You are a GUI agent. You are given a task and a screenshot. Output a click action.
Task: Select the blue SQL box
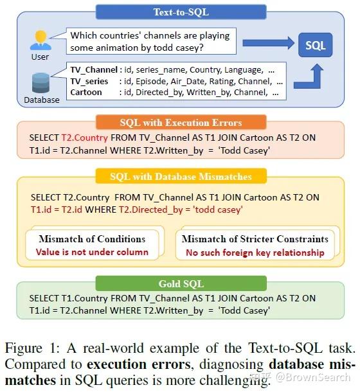[315, 45]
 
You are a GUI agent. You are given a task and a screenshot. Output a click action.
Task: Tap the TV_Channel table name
[93, 69]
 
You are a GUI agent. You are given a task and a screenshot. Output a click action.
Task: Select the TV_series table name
[91, 81]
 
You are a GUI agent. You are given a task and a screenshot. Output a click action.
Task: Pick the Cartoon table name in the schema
[87, 92]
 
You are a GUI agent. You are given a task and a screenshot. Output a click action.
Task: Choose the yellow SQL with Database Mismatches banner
[181, 176]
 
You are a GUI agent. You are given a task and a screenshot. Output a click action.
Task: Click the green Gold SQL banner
[181, 283]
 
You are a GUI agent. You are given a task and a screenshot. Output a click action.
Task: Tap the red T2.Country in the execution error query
[82, 138]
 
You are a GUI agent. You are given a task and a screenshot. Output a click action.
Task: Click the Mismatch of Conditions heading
[92, 239]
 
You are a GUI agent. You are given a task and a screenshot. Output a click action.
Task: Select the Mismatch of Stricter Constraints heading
[255, 239]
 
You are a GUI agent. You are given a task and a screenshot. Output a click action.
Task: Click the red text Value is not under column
[92, 251]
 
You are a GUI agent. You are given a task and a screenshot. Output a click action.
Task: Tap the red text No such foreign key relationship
[255, 253]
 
